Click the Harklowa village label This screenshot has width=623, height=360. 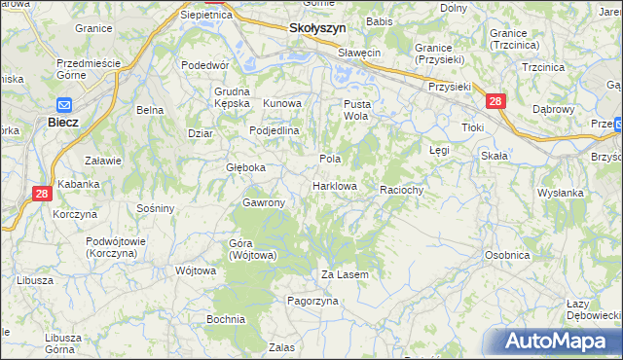pyautogui.click(x=335, y=186)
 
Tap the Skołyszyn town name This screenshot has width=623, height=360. pyautogui.click(x=317, y=29)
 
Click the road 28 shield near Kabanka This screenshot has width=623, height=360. pyautogui.click(x=41, y=194)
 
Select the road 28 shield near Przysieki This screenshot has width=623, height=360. pyautogui.click(x=495, y=100)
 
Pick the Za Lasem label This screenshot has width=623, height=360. pyautogui.click(x=345, y=275)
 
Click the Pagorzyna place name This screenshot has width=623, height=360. pyautogui.click(x=311, y=302)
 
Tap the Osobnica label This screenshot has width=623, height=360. pyautogui.click(x=506, y=255)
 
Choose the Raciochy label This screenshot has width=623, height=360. pyautogui.click(x=401, y=191)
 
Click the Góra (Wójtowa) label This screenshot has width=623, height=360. pyautogui.click(x=253, y=248)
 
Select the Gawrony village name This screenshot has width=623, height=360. pyautogui.click(x=264, y=202)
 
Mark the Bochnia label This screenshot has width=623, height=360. pyautogui.click(x=225, y=319)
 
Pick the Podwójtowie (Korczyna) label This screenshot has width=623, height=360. pyautogui.click(x=116, y=246)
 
